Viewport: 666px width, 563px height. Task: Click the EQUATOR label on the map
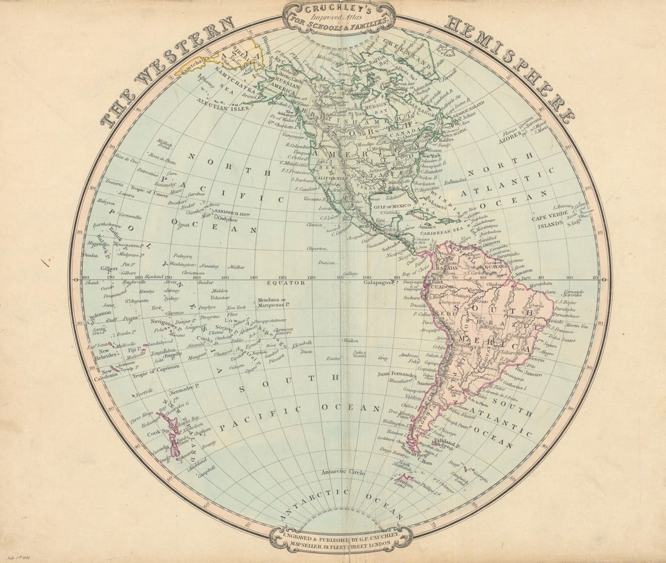point(289,282)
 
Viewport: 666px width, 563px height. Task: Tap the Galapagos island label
point(379,281)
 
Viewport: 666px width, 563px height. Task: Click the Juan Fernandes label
point(397,374)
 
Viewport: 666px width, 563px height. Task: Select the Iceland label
point(444,54)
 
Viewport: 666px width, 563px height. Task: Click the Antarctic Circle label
point(343,472)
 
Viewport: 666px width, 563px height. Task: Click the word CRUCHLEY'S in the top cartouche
point(339,10)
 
